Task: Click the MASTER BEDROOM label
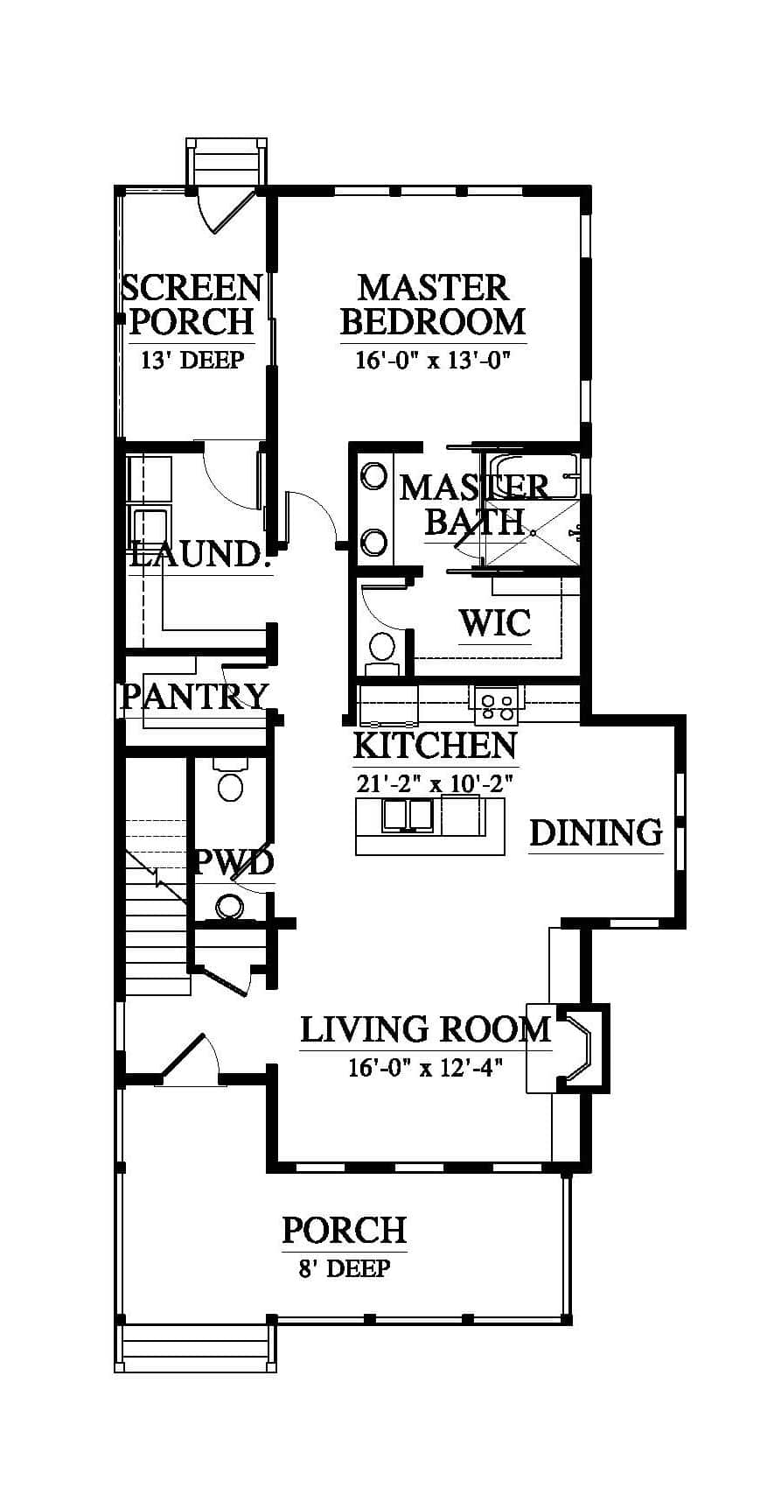432,305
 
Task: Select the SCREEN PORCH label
192,305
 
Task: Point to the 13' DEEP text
192,360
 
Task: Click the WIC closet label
495,622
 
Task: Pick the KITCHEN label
435,746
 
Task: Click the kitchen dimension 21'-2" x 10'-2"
435,784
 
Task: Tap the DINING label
596,832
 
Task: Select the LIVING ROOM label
425,1029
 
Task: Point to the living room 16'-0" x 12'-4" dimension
425,1068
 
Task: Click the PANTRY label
195,696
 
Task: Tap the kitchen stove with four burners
497,706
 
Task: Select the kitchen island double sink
407,814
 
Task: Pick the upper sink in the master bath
373,476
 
